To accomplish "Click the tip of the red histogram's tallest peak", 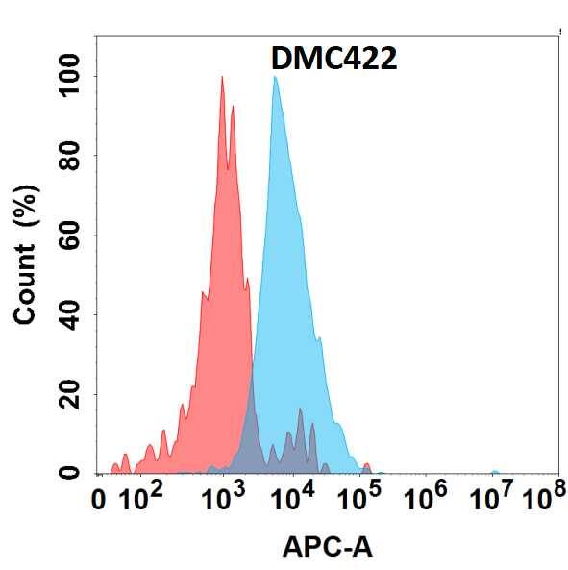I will (222, 77).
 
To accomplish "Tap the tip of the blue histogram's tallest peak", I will (275, 77).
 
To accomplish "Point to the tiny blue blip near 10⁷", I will (494, 472).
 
